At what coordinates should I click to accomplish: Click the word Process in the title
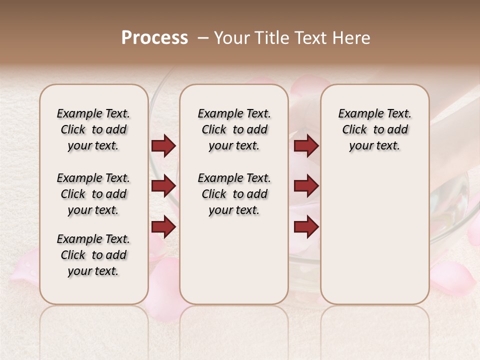pos(154,38)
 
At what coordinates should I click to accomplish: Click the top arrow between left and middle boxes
pos(163,146)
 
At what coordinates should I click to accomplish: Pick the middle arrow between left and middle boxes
pos(163,186)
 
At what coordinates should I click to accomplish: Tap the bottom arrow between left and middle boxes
pos(163,226)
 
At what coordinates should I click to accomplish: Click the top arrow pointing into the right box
pos(306,146)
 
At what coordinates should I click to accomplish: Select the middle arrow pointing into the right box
pos(306,186)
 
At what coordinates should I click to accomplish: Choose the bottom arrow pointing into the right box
pos(306,226)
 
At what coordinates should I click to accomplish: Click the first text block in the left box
pos(93,129)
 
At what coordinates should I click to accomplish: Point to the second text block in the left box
pos(93,194)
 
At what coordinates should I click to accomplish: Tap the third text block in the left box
pos(93,255)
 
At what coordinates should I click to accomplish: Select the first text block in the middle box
pos(234,129)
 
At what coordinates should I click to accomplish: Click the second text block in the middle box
pos(234,194)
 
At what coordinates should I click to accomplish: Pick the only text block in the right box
pos(374,129)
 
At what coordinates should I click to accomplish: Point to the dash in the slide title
pos(202,38)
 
